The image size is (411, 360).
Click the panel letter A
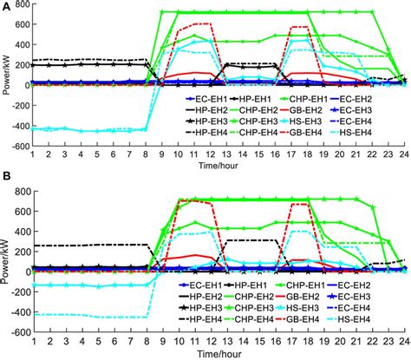point(5,6)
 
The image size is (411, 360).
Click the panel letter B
point(5,184)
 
